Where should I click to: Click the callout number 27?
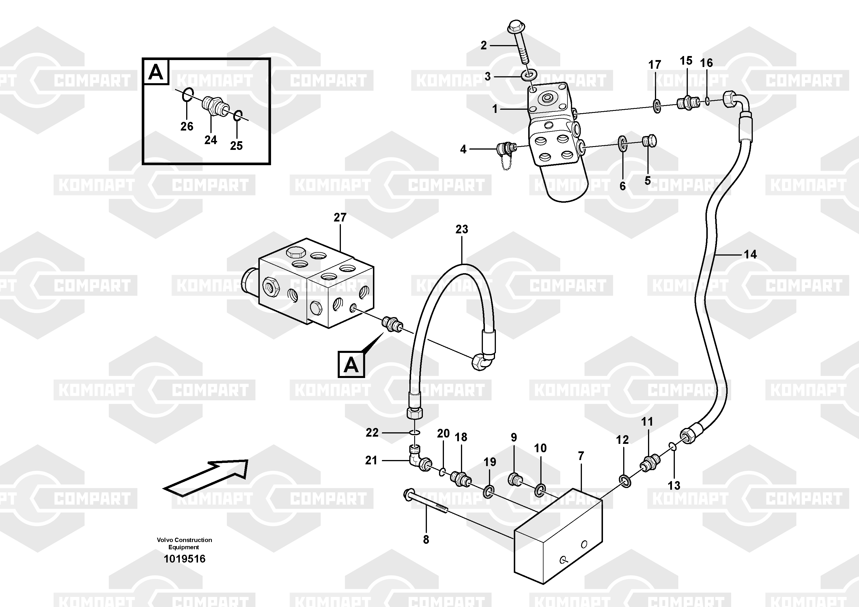tap(340, 217)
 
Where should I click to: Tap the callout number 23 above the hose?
tap(462, 229)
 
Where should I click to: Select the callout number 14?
tap(750, 254)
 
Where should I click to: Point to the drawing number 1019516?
tap(184, 559)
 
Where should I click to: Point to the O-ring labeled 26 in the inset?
tap(188, 95)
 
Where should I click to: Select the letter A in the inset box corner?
tap(156, 72)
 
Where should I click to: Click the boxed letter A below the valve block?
tap(351, 364)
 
